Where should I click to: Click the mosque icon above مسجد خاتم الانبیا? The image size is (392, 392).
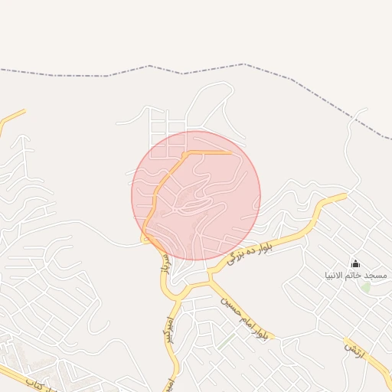coord(354,263)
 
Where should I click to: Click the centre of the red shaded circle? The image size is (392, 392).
coord(196,195)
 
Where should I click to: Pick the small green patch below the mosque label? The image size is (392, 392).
coord(366,287)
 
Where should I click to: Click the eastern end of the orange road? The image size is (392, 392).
coord(230,153)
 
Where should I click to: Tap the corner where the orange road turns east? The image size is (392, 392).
coord(186,154)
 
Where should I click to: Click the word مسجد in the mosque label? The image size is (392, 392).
coord(375,274)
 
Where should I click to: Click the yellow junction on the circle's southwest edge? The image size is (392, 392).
coord(145,237)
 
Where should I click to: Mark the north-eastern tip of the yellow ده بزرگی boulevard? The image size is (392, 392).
coord(344,196)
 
